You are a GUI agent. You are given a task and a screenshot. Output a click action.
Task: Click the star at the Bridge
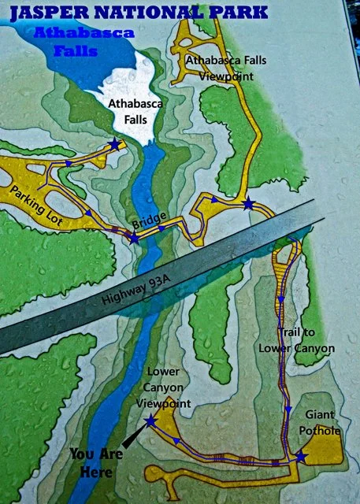135,236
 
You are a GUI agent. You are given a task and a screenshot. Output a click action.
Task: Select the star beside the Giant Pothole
300,456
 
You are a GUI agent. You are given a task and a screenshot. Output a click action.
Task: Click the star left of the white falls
116,144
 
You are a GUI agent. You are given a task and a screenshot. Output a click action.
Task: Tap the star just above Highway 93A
249,204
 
